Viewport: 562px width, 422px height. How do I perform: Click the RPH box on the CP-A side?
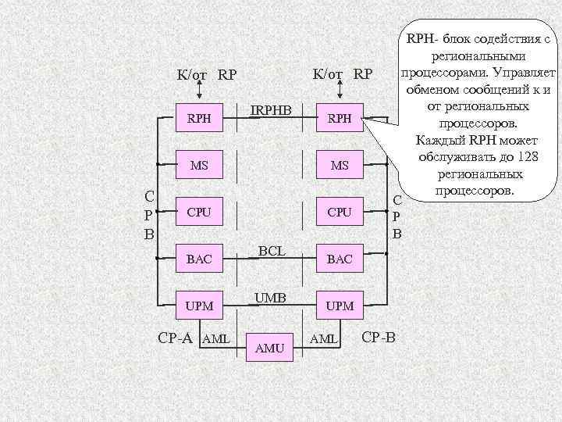tap(200, 120)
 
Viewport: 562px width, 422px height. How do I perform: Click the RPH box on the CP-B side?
tap(340, 120)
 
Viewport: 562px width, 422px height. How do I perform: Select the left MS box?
tap(200, 166)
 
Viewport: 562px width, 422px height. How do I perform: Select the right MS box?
tap(340, 166)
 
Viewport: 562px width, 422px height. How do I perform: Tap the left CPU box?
tap(200, 212)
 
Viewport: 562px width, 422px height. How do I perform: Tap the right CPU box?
tap(340, 212)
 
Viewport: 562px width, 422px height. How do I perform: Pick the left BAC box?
tap(200, 259)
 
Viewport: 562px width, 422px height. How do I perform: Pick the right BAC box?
tap(340, 259)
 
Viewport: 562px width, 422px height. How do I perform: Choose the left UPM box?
tap(200, 306)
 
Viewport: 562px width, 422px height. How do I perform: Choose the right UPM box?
tap(340, 306)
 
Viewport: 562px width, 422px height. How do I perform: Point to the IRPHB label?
tap(270, 110)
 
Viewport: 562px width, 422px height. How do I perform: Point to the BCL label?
tap(270, 250)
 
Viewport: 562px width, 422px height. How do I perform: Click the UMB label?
tap(270, 297)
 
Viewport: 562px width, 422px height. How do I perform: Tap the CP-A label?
tap(175, 338)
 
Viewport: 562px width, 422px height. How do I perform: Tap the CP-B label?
tap(379, 338)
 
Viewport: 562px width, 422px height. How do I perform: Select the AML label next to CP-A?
tap(215, 339)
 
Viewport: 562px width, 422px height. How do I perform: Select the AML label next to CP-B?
tap(324, 339)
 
